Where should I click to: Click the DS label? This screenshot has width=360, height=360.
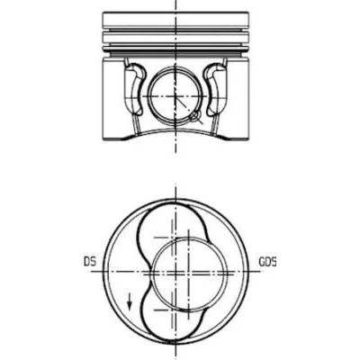point(90,262)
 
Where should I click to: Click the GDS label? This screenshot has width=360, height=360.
point(267,262)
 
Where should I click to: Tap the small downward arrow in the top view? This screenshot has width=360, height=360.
point(130,301)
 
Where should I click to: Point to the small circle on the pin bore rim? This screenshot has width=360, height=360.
point(194,116)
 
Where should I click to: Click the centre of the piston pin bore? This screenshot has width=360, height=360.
point(175,96)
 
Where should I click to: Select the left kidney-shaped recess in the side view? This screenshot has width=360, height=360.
point(134,89)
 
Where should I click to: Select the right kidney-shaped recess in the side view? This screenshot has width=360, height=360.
point(215,89)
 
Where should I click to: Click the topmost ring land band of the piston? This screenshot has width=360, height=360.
point(175,20)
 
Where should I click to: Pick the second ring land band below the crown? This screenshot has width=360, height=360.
point(175,38)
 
